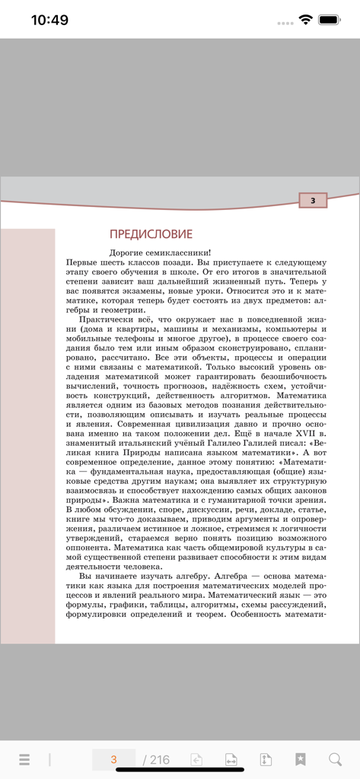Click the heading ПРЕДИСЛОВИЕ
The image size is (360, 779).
pos(151,234)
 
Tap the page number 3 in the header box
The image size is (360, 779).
pos(313,201)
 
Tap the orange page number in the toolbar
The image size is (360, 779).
pos(113,759)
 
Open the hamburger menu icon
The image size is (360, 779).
pos(24,759)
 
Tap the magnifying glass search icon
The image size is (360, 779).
pos(335,759)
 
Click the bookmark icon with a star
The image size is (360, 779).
pos(301,759)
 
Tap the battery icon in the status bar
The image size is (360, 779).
pos(330,20)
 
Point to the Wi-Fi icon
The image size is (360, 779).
pos(305,20)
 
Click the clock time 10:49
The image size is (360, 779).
pos(49,21)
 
